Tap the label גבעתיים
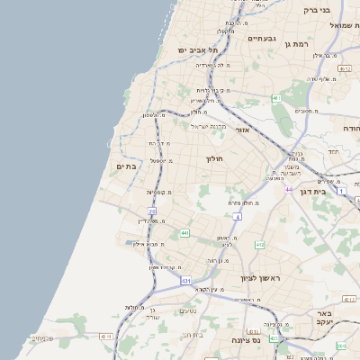coord(261,39)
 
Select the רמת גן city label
coord(294,43)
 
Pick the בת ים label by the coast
coord(125,166)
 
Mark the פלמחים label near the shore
coord(41,338)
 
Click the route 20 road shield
coord(152,211)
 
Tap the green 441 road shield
coord(184,233)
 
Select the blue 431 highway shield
coord(185,281)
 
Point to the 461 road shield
coord(276,98)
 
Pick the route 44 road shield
coord(289,189)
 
